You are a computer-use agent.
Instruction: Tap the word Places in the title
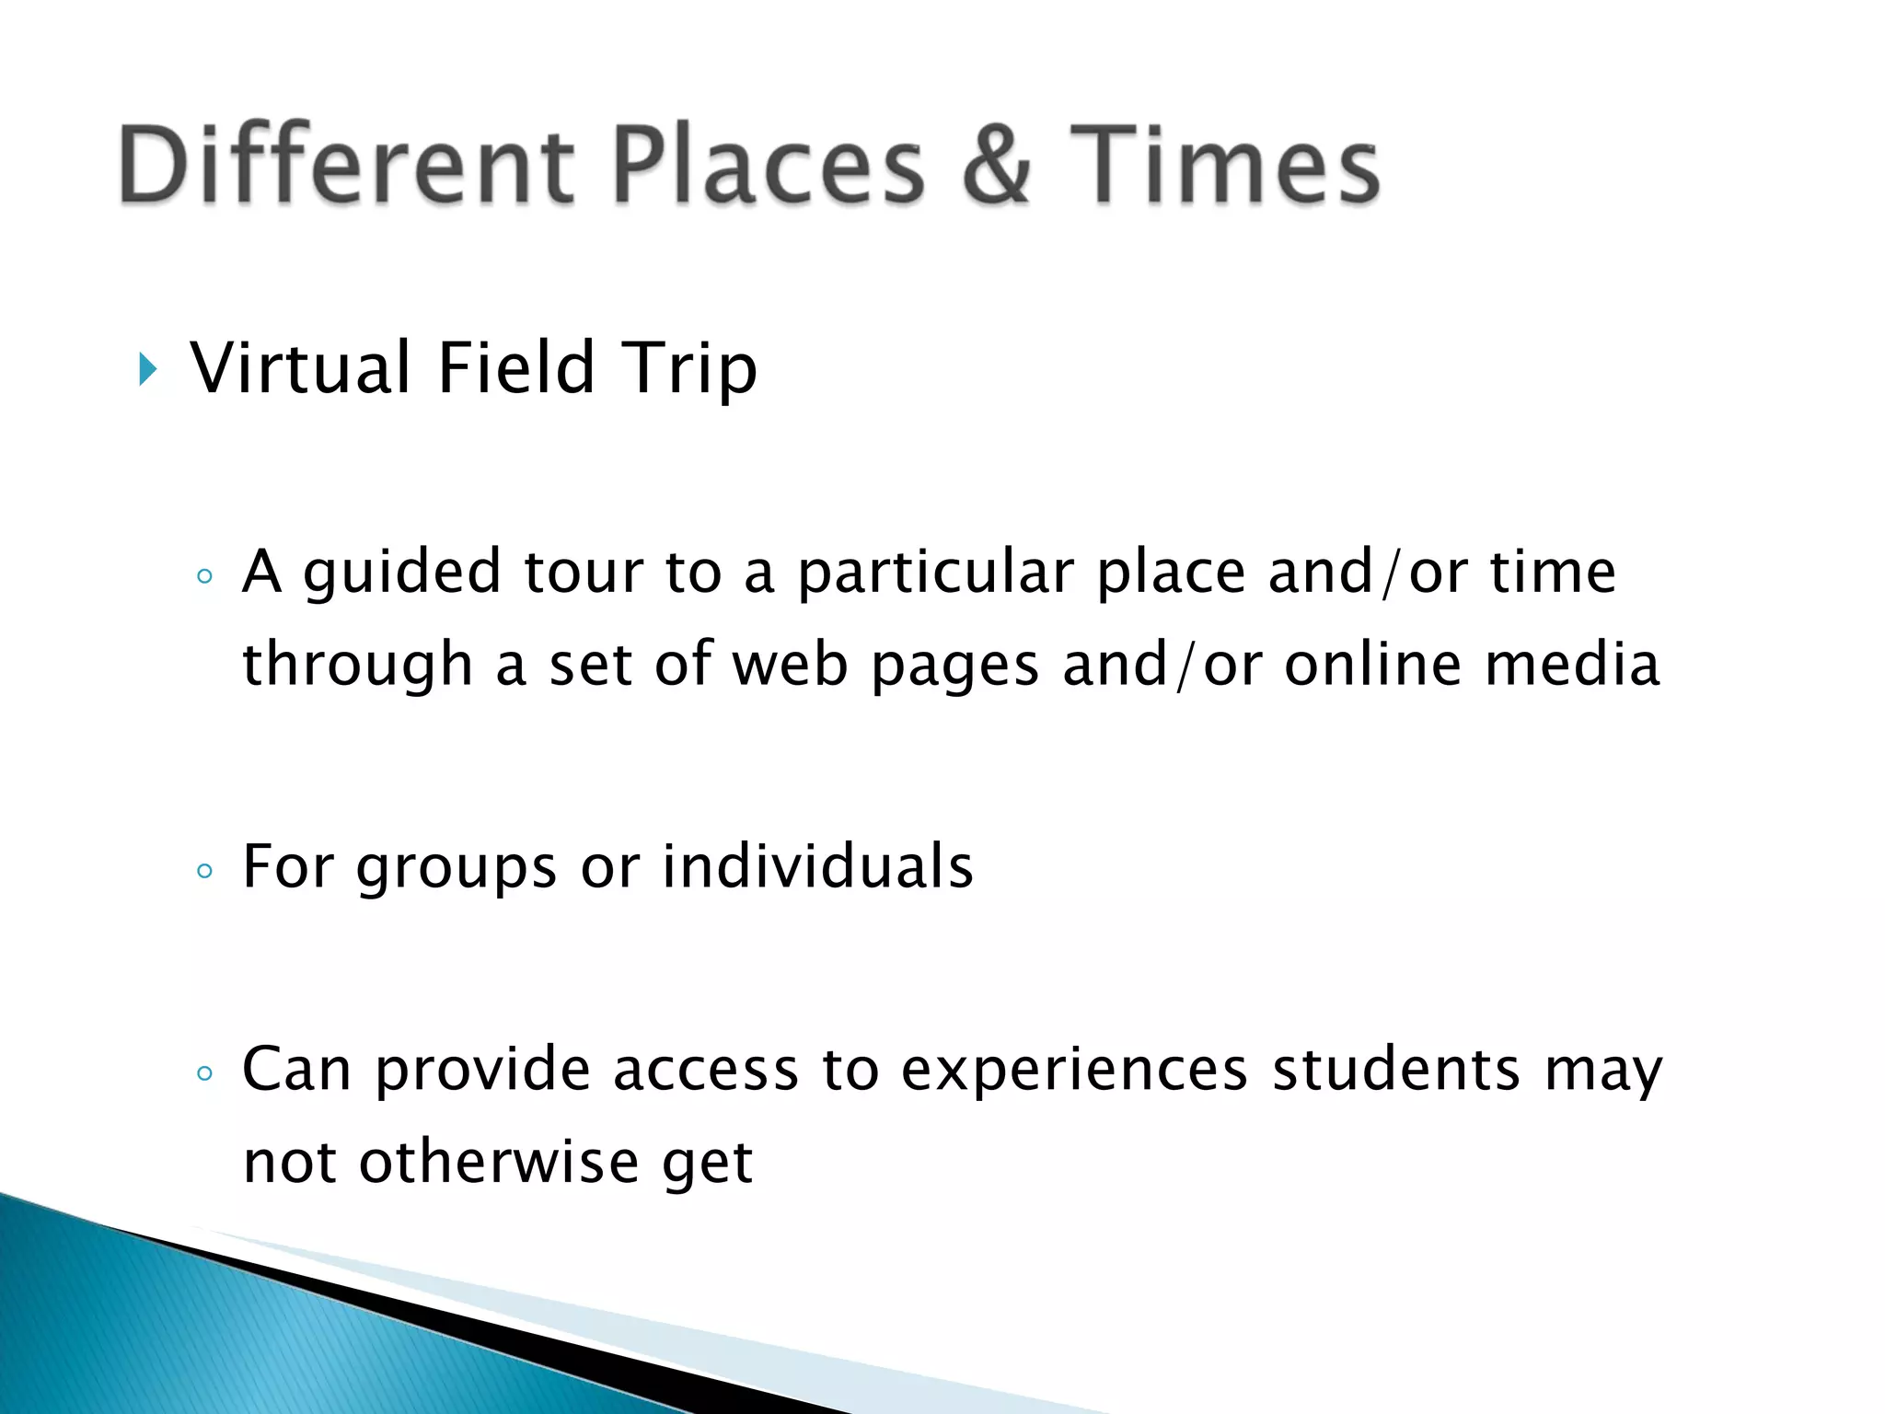click(769, 166)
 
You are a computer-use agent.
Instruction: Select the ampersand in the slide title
click(997, 166)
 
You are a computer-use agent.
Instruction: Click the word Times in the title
click(1224, 166)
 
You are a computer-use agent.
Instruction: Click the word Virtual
click(300, 368)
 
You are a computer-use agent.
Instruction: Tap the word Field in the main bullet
click(516, 368)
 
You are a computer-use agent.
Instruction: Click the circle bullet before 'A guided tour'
click(205, 577)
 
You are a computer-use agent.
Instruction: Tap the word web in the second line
click(789, 665)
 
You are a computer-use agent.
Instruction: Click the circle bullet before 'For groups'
click(205, 871)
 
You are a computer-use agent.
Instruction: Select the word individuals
click(817, 867)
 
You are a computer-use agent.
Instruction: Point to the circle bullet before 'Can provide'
click(205, 1073)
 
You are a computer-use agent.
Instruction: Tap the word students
click(1395, 1070)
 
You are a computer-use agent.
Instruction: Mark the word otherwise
click(498, 1162)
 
